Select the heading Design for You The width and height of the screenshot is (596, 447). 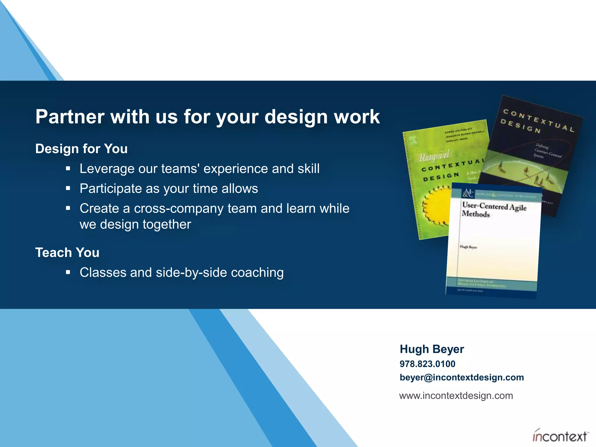click(x=81, y=149)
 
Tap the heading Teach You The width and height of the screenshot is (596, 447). click(x=67, y=253)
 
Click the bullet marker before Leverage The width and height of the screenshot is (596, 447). click(x=68, y=168)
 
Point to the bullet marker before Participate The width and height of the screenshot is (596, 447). click(x=68, y=189)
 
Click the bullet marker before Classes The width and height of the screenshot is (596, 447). click(x=68, y=273)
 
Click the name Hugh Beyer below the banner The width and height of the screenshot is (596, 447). click(x=432, y=349)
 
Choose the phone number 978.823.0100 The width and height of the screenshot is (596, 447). click(x=427, y=364)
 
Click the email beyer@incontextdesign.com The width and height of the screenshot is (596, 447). click(x=462, y=377)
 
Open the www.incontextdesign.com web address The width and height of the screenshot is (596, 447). click(x=456, y=396)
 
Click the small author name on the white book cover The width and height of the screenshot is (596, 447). click(x=468, y=247)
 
